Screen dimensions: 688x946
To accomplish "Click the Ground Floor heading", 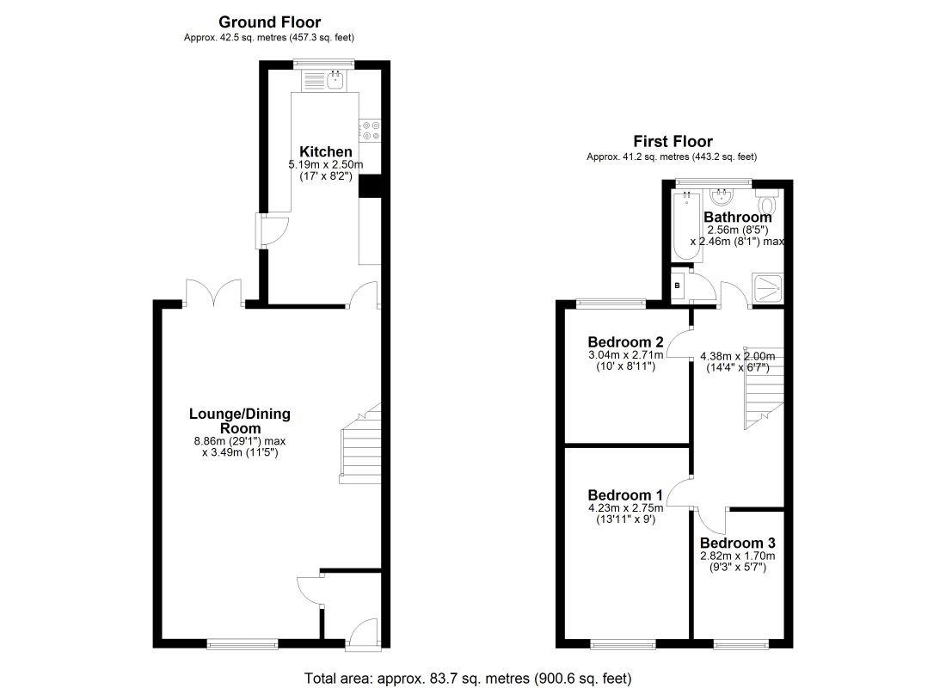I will (270, 22).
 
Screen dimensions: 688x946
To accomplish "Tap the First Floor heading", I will (673, 142).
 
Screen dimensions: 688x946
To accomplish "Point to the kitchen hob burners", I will (371, 129).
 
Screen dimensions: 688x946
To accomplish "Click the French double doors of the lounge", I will (214, 294).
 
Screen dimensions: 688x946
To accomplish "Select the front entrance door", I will (364, 633).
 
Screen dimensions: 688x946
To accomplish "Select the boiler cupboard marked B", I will (678, 286).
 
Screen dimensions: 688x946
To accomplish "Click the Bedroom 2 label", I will (625, 341).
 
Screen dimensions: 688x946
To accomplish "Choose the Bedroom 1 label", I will (625, 495).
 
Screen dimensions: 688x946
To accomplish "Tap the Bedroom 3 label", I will (737, 544).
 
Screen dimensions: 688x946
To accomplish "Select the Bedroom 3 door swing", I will (713, 519).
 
